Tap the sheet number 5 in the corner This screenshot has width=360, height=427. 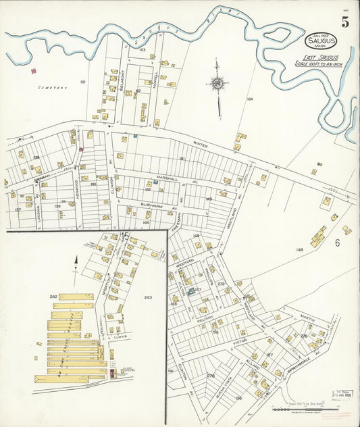pyautogui.click(x=345, y=22)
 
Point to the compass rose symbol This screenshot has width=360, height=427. pyautogui.click(x=217, y=84)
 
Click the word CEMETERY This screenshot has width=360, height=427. pyautogui.click(x=51, y=87)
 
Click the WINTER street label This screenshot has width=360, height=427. pyautogui.click(x=200, y=144)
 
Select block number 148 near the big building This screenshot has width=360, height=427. pyautogui.click(x=299, y=250)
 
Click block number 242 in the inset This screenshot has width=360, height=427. pyautogui.click(x=54, y=296)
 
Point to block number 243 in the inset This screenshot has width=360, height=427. pyautogui.click(x=148, y=297)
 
